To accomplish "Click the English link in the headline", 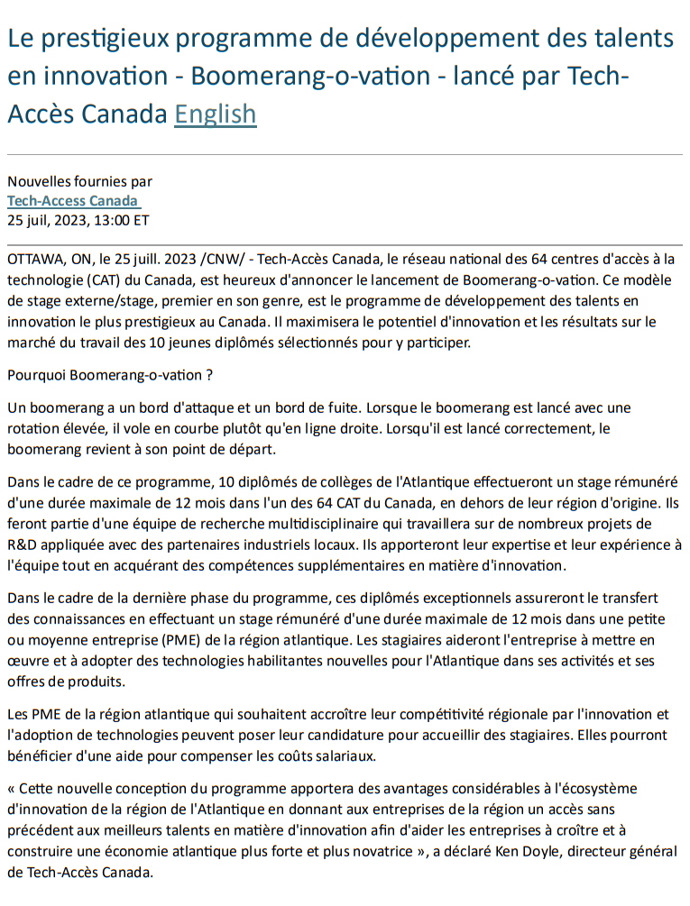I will click(215, 114).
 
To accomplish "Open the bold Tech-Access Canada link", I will click(72, 200).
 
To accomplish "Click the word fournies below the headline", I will click(99, 181).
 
